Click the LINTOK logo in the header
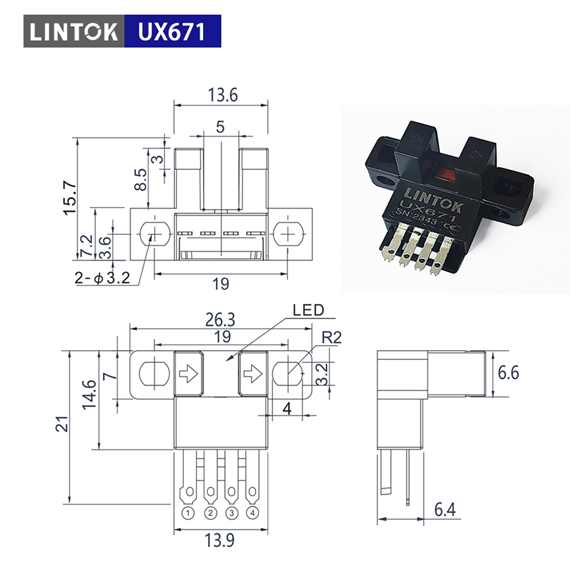tap(74, 32)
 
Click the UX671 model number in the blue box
tap(172, 32)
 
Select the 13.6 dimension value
tap(223, 95)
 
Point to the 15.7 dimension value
tap(70, 198)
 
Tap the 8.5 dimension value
tap(141, 180)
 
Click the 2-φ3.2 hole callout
tap(102, 278)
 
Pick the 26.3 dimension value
tap(220, 320)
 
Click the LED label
tap(308, 310)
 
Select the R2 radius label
tap(331, 338)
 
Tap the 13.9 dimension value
tap(220, 540)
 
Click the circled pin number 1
tap(189, 512)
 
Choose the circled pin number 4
tap(252, 512)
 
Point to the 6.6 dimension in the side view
tap(508, 373)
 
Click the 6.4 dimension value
tap(445, 510)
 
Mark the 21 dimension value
tap(62, 424)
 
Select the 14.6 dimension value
tap(90, 394)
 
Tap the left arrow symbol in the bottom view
tap(189, 373)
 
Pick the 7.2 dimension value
tap(86, 245)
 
